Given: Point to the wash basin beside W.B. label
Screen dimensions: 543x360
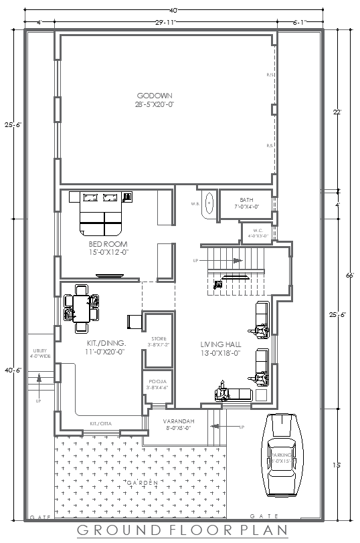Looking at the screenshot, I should [x=209, y=203].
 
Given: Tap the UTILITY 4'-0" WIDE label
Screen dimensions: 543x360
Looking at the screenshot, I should [x=41, y=353].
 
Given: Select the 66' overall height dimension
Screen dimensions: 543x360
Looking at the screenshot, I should [x=349, y=275].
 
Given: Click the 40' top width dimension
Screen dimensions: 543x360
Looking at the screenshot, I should [x=173, y=9].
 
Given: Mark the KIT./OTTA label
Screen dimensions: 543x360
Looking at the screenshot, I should [x=102, y=423].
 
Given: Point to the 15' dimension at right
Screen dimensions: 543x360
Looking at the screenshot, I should [x=337, y=465].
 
